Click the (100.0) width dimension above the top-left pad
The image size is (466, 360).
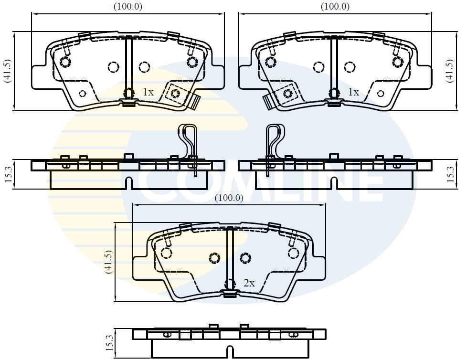coord(128,6)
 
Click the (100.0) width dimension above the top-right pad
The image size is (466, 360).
coord(335,6)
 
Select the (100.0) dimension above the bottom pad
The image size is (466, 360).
coord(229,198)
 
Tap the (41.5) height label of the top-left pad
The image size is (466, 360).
coord(8,71)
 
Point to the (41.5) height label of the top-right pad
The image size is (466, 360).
coord(450,71)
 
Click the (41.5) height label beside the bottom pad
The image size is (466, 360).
coord(108,262)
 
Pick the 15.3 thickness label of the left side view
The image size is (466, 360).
coord(8,174)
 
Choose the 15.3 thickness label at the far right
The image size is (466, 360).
coord(451,174)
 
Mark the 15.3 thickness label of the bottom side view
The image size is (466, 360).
coord(109,343)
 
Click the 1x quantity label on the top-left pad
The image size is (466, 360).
coord(148,92)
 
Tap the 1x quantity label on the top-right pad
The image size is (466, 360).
coord(353,92)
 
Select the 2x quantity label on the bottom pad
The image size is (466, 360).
coord(249,283)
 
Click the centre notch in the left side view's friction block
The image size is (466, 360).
coord(128,183)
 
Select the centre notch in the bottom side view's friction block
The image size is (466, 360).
coord(230,352)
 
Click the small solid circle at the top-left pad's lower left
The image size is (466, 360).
coord(83,94)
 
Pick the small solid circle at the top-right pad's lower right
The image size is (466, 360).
coord(381,94)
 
